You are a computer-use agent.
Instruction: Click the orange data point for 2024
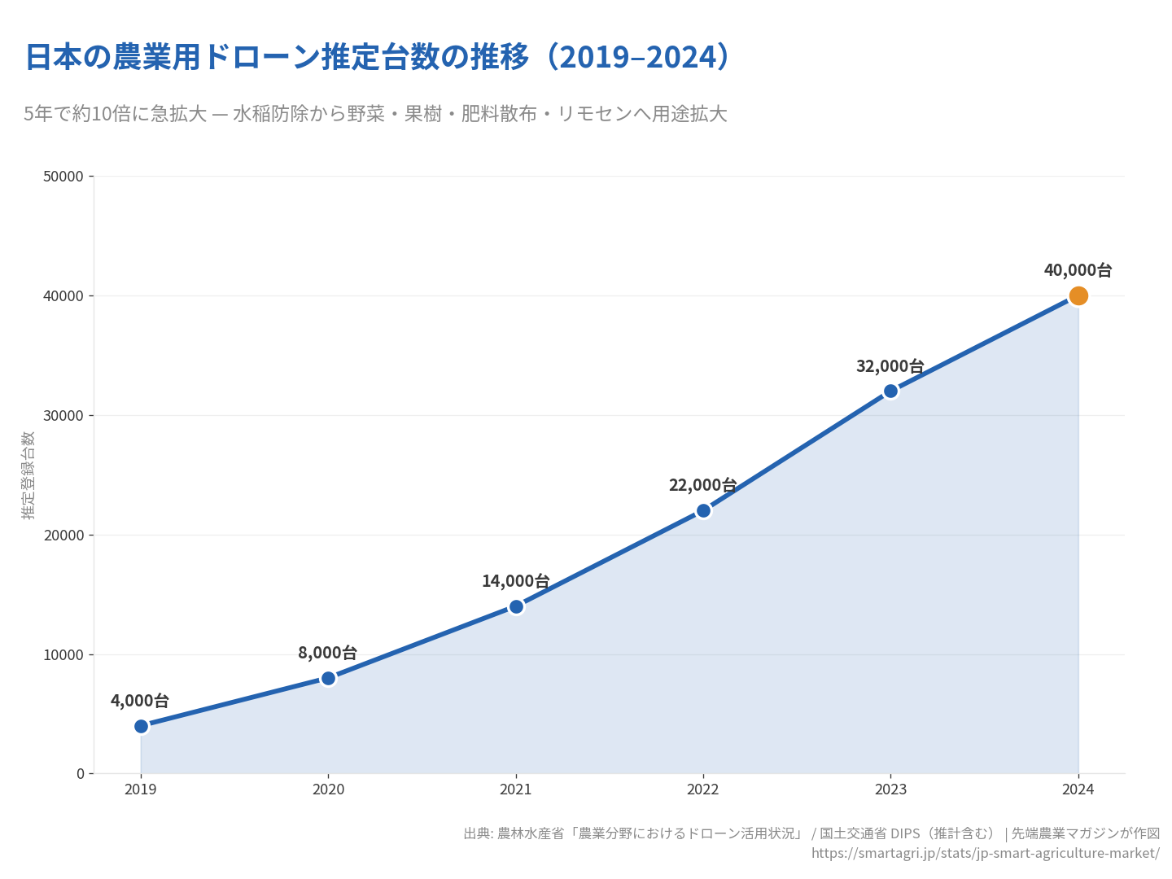(1078, 296)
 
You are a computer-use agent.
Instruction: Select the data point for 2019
(142, 726)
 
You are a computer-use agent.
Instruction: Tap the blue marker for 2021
(516, 606)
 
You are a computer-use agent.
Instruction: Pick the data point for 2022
(703, 511)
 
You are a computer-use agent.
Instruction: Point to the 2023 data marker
(890, 391)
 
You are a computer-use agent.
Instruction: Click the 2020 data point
(329, 678)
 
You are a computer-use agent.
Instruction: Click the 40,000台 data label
(1078, 270)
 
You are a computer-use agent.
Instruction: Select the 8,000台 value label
(327, 653)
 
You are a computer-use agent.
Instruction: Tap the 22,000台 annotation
(702, 485)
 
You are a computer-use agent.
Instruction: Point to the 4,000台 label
(140, 701)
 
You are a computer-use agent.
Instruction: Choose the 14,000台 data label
(515, 581)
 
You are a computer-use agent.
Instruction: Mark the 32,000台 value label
(890, 366)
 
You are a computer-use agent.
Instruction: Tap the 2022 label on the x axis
(703, 789)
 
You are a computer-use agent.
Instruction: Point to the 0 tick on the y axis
(81, 774)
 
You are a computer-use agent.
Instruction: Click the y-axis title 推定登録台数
(28, 475)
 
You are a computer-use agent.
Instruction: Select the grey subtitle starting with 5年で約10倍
(375, 114)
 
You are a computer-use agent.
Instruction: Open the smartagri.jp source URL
(985, 853)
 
